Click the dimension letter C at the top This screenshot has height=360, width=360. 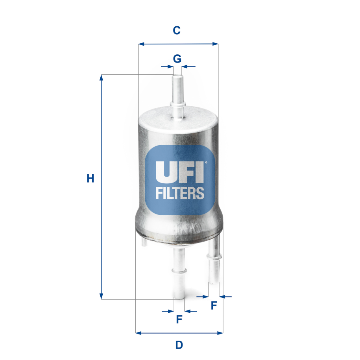(x=177, y=30)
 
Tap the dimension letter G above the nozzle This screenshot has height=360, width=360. (x=177, y=59)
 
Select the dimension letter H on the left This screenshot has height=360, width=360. (x=90, y=179)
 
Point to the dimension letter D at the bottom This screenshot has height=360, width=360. (x=179, y=345)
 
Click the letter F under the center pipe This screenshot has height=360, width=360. (x=179, y=319)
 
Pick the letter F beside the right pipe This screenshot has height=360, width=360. (x=214, y=305)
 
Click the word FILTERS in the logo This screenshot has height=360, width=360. (x=180, y=193)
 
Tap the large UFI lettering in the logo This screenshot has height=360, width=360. (x=180, y=172)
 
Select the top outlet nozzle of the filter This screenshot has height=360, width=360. (x=177, y=94)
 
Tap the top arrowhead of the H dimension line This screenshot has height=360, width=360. (x=102, y=77)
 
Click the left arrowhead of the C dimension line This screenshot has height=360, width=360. (x=141, y=44)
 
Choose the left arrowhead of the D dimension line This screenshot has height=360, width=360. (x=138, y=333)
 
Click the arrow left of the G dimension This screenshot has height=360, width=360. (x=166, y=66)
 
